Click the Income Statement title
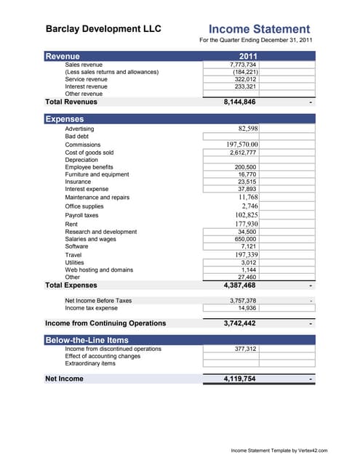point(259,28)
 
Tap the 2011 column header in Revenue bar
point(248,56)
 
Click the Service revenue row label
point(86,79)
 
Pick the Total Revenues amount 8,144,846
point(239,102)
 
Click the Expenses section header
point(65,119)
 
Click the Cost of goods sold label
point(89,153)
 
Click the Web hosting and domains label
point(99,270)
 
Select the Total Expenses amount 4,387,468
point(239,286)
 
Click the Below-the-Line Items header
point(87,339)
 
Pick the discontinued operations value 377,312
point(245,349)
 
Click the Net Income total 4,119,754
point(239,379)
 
